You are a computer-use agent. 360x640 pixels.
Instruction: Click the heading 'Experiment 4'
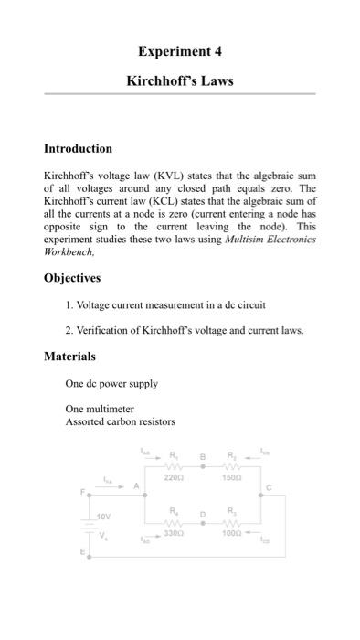(179, 50)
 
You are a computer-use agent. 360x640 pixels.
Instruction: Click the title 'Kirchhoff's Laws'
(179, 80)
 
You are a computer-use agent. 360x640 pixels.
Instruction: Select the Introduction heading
(79, 148)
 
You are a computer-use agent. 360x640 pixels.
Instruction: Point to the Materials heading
(69, 356)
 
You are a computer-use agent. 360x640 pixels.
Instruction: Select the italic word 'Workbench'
(70, 251)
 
